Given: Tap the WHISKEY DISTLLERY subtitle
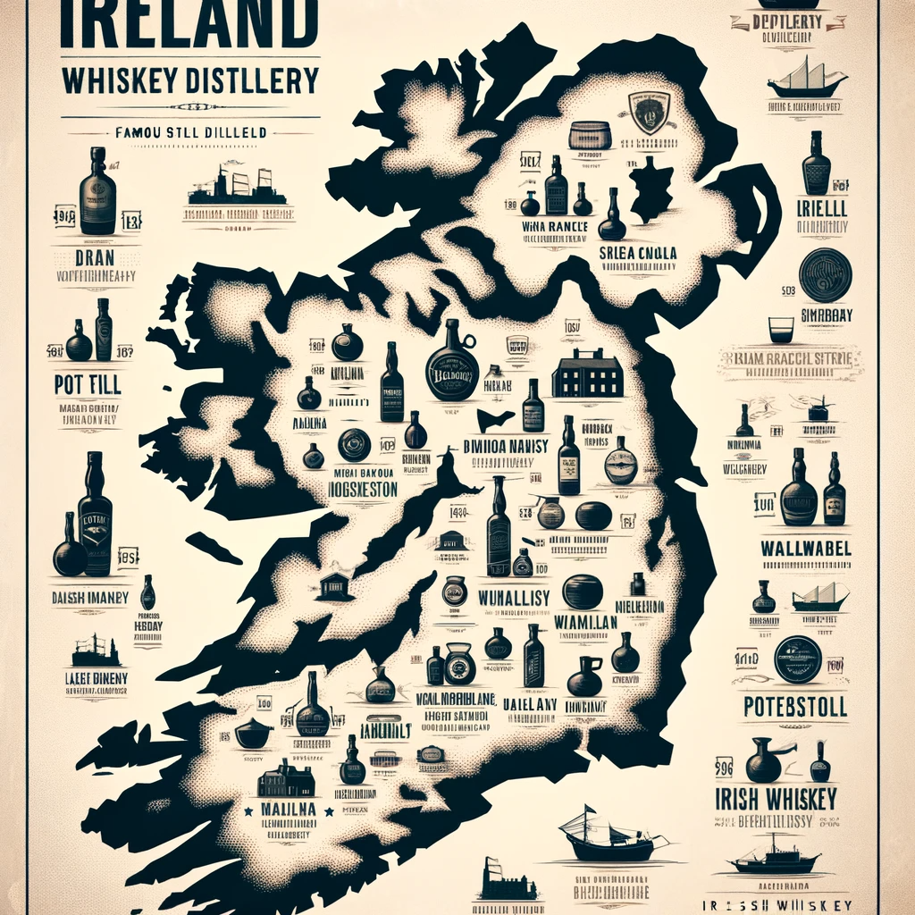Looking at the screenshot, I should (190, 80).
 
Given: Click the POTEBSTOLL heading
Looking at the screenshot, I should (794, 708).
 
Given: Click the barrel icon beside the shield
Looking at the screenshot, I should (590, 135).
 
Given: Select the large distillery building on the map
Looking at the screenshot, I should (587, 374).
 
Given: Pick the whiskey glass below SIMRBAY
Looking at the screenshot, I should (781, 330).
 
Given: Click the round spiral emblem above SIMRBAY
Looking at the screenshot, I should (825, 273).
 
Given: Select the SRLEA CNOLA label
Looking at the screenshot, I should (637, 254).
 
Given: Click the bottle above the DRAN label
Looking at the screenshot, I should (97, 191).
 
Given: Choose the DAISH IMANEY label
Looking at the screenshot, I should (89, 596).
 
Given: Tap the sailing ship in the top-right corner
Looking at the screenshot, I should (807, 78).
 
